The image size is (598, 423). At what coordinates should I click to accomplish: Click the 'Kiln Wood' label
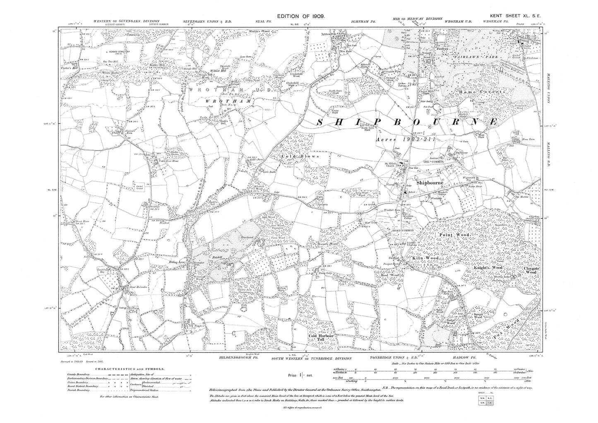pyautogui.click(x=423, y=258)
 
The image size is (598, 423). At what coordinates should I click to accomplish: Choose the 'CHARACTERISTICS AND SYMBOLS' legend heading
pyautogui.click(x=129, y=368)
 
